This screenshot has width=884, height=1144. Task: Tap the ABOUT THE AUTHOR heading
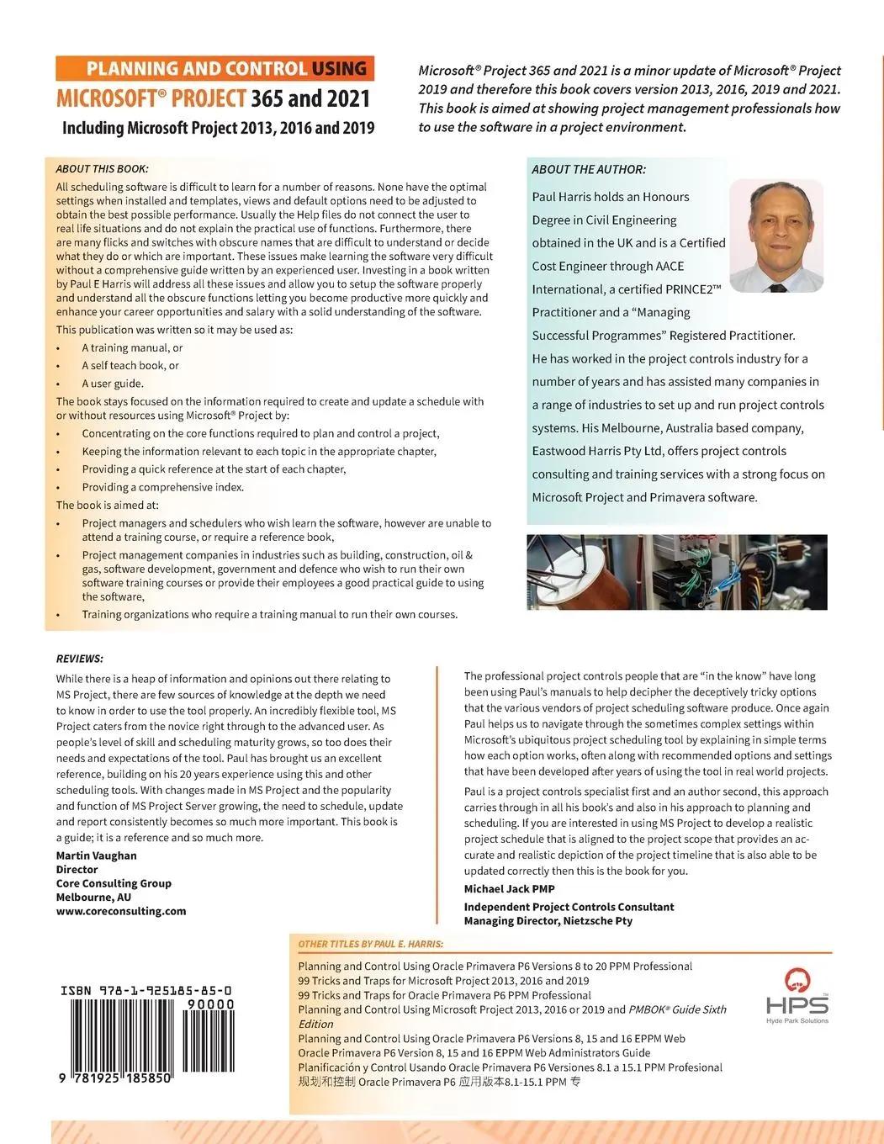[x=589, y=169]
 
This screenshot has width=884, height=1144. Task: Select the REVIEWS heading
[x=80, y=658]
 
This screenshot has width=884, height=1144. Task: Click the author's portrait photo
[x=775, y=236]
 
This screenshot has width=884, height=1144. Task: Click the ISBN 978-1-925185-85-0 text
[x=146, y=991]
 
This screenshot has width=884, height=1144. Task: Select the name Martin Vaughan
[x=96, y=855]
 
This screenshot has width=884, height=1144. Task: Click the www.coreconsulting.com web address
[x=121, y=910]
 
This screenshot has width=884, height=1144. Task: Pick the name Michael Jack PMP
[x=509, y=888]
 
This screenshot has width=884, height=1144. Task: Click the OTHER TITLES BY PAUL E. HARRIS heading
[x=370, y=944]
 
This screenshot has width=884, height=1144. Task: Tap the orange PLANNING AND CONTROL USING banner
[x=214, y=68]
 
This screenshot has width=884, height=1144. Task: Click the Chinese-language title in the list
[x=438, y=1082]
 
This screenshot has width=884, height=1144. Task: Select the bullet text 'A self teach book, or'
[x=130, y=365]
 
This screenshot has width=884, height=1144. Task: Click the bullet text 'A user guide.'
[x=113, y=383]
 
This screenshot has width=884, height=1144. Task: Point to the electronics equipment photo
[x=676, y=572]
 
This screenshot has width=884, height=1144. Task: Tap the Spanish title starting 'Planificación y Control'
[x=510, y=1067]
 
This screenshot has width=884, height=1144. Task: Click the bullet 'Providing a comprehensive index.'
[x=163, y=487]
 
